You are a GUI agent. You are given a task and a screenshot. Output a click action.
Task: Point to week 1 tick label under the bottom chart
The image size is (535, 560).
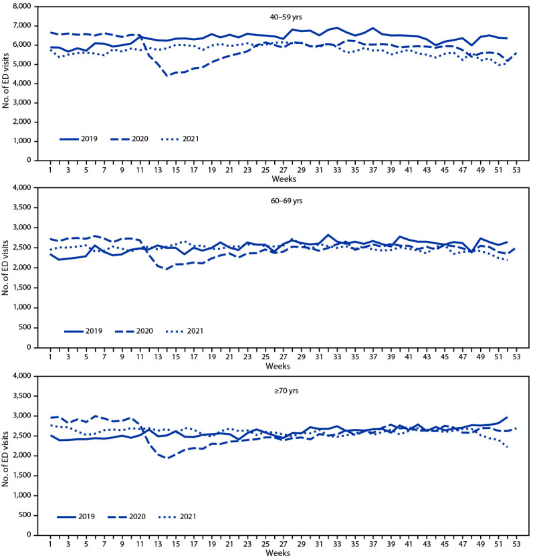[x=51, y=545]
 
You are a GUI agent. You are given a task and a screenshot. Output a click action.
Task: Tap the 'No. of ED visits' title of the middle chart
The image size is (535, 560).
[x=9, y=268]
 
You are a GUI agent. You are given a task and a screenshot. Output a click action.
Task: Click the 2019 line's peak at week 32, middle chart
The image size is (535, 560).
[x=328, y=236]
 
